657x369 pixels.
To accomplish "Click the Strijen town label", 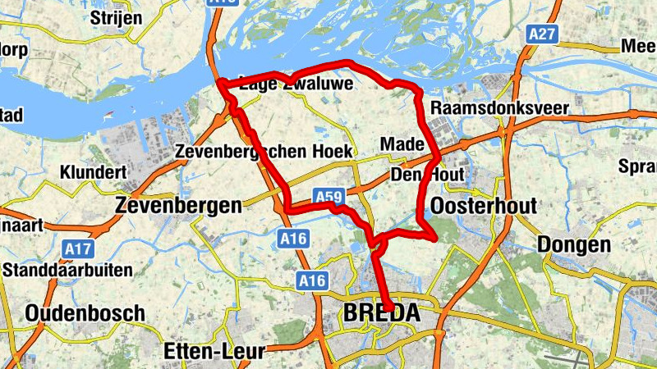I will point(117,18).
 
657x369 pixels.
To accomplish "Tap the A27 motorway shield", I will point(542,34).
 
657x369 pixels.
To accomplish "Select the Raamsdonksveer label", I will point(499,108).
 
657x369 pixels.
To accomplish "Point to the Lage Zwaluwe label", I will point(296,83).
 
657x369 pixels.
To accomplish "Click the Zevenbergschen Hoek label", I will point(264,152).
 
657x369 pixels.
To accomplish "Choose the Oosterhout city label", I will point(483,205).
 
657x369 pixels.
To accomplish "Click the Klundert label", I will point(92,173).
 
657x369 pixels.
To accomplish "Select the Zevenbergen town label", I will point(178,205).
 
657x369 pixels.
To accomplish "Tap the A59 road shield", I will point(328,197).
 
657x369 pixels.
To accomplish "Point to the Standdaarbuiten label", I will point(67,270).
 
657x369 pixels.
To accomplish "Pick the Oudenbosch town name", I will point(85,312).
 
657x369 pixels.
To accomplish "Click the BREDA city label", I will point(381,312).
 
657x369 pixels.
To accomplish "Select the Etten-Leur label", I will point(214,352).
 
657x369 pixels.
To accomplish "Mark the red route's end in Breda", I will point(388,309).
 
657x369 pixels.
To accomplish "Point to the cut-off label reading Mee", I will point(638,47).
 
